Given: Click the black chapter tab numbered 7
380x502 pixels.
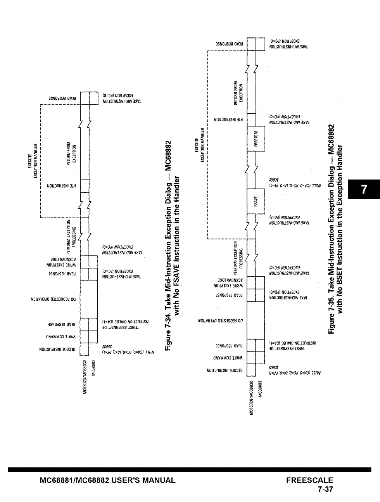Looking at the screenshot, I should click(364, 189).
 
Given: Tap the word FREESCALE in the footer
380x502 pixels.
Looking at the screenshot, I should click(309, 480).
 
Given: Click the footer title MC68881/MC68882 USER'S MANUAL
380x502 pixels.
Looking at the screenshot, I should click(108, 480).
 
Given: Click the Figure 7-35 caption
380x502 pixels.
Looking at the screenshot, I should click(335, 229).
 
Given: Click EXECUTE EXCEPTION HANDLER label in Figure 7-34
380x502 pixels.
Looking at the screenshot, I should click(33, 161).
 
